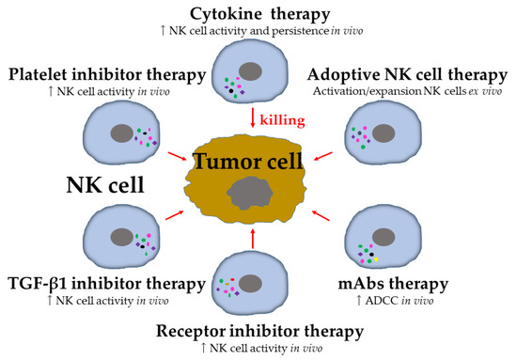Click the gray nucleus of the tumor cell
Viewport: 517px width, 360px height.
[x=249, y=195]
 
